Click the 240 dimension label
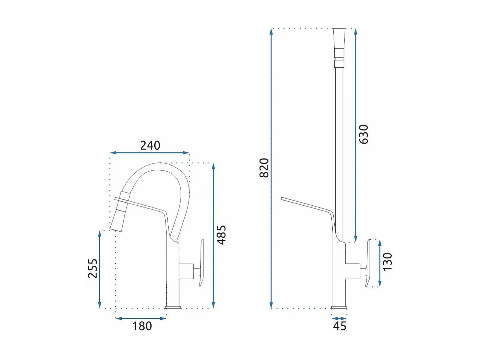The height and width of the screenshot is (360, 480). [x=150, y=145]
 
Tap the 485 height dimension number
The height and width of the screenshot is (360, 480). [x=221, y=235]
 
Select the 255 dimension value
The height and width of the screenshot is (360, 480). [x=93, y=268]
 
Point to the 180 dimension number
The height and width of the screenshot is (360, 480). [x=142, y=326]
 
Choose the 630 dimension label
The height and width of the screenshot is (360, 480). [x=364, y=134]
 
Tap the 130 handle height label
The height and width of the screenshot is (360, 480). [x=387, y=262]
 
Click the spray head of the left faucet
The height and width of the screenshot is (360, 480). [x=120, y=211]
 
